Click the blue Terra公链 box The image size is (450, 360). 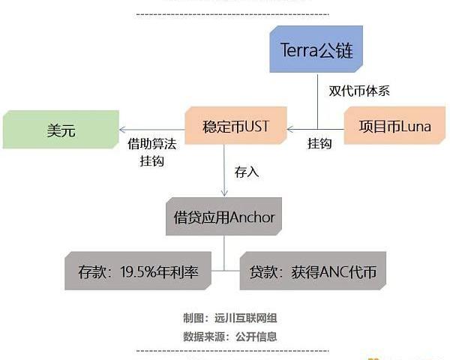tap(316, 49)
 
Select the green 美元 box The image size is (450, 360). tap(61, 130)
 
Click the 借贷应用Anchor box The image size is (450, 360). tap(224, 218)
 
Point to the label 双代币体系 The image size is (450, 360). tap(358, 91)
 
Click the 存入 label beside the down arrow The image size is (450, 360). tap(247, 172)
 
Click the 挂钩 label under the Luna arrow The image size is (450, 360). tap(320, 144)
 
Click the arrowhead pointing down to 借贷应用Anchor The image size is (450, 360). tap(224, 194)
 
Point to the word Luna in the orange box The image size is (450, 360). tap(415, 127)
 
